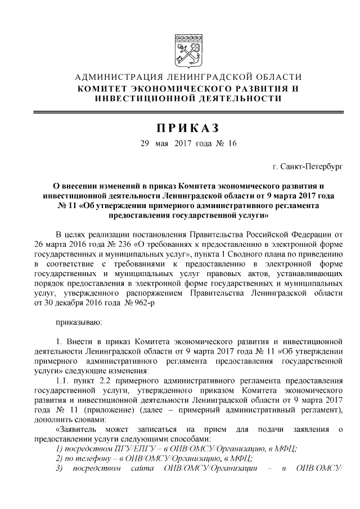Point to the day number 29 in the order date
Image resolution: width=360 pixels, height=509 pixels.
[145, 143]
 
